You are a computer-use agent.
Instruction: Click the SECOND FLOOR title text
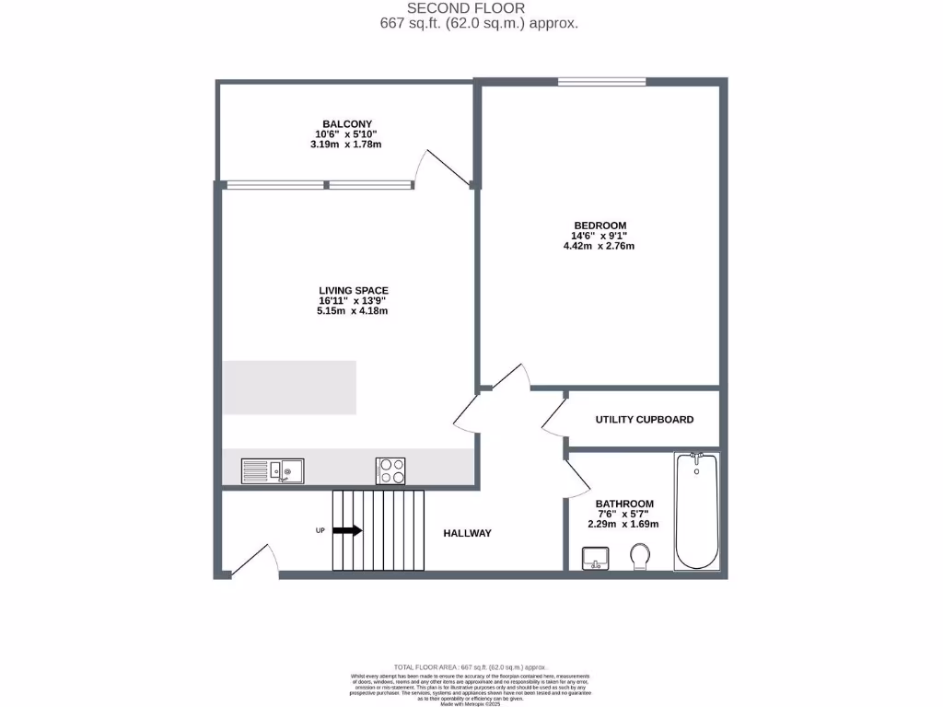[479, 8]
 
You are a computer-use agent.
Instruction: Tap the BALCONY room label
[347, 123]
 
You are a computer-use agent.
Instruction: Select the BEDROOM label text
[600, 226]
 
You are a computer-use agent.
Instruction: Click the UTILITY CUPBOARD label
[645, 420]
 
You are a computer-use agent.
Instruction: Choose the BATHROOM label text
[624, 504]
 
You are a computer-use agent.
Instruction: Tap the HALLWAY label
[467, 533]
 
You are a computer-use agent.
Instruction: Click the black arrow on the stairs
[347, 530]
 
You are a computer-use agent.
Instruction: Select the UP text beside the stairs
[320, 530]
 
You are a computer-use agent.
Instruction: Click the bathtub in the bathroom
[696, 511]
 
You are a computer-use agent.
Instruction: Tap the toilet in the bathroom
[641, 555]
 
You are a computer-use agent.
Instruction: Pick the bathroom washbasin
[596, 558]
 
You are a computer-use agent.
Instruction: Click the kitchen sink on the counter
[273, 471]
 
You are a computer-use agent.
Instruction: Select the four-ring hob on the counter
[390, 470]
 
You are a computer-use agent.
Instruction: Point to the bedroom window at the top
[601, 82]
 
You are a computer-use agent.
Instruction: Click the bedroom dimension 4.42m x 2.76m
[600, 246]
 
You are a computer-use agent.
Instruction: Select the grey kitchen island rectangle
[289, 388]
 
